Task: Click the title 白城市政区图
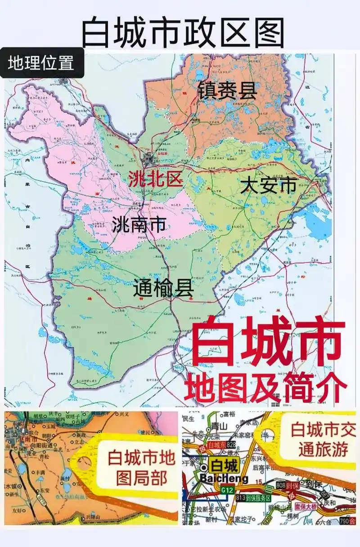pos(183,32)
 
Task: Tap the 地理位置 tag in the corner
pos(41,63)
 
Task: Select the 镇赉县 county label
pos(227,90)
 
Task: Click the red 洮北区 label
pos(155,179)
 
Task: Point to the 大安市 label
pos(269,185)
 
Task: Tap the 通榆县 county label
pos(163,288)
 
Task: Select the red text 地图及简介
pos(265,386)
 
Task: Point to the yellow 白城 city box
pos(224,465)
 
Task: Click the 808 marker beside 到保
pos(282,486)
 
